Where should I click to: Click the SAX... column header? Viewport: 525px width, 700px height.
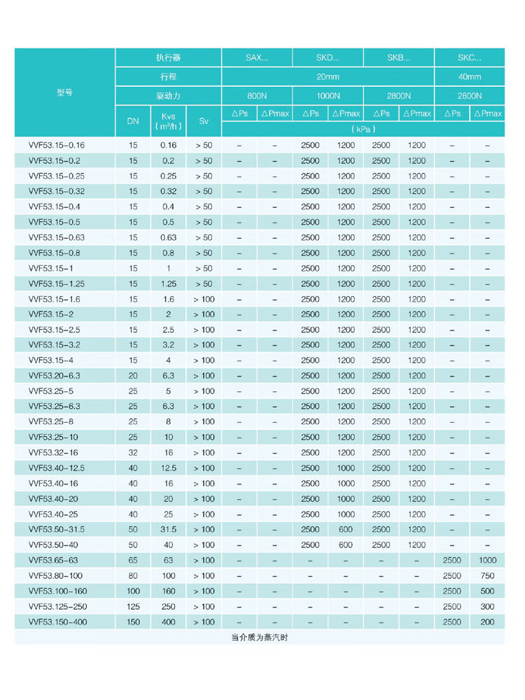pyautogui.click(x=257, y=58)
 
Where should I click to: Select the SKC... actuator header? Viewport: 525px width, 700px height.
pyautogui.click(x=470, y=58)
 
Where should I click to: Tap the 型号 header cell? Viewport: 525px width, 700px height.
pyautogui.click(x=64, y=92)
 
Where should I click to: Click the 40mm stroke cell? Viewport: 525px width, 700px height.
pyautogui.click(x=470, y=77)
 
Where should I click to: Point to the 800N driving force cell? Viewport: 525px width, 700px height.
pyautogui.click(x=257, y=96)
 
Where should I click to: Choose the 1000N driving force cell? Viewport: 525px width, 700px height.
pyautogui.click(x=328, y=96)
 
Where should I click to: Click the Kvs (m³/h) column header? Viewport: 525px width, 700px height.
pyautogui.click(x=168, y=120)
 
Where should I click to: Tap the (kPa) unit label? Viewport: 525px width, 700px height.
pyautogui.click(x=363, y=129)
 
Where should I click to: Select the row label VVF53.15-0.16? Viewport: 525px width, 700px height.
pyautogui.click(x=57, y=146)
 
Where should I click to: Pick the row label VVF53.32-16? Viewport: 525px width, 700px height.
pyautogui.click(x=55, y=453)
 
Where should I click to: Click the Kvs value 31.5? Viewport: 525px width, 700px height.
pyautogui.click(x=168, y=530)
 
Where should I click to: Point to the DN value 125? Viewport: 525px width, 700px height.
pyautogui.click(x=133, y=606)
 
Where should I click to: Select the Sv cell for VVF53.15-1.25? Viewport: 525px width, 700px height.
pyautogui.click(x=204, y=284)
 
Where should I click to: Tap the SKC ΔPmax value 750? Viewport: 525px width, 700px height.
pyautogui.click(x=487, y=576)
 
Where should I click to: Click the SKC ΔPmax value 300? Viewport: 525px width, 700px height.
pyautogui.click(x=487, y=606)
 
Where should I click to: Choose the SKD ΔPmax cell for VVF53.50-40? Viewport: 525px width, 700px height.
pyautogui.click(x=346, y=545)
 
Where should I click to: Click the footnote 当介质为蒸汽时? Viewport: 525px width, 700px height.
pyautogui.click(x=259, y=638)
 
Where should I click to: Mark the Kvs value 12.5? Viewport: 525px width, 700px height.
pyautogui.click(x=168, y=468)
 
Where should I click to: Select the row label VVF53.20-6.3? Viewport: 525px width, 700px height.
pyautogui.click(x=55, y=376)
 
